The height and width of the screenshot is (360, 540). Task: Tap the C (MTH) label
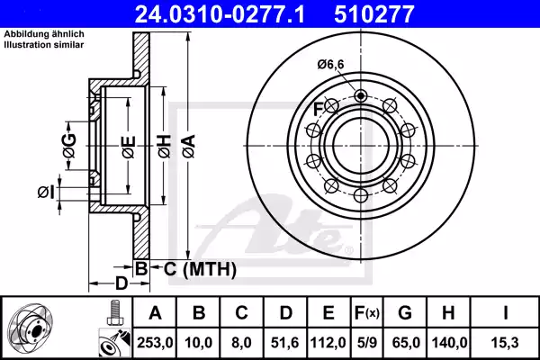coord(200,268)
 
